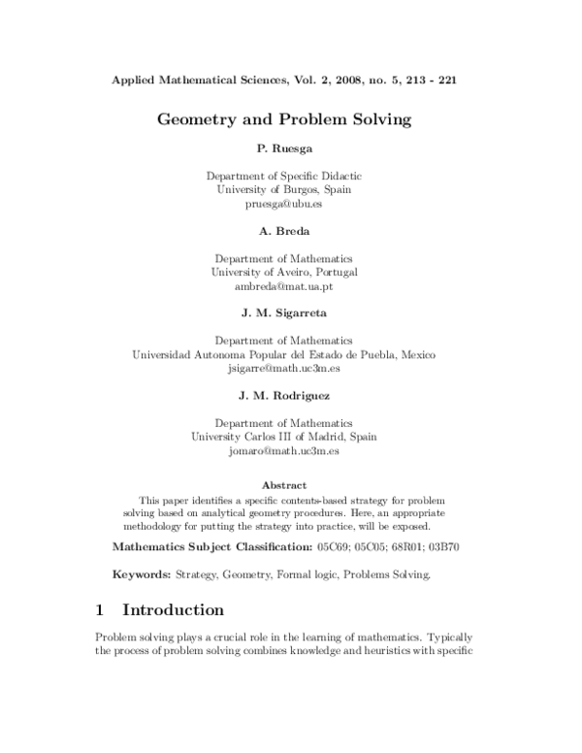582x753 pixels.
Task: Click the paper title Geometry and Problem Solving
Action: tap(284, 121)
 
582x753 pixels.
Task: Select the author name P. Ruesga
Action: tap(284, 150)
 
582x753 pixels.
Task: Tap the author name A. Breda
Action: tap(284, 232)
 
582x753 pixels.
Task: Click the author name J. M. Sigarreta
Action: tap(284, 313)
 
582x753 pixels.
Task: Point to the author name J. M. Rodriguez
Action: tap(284, 396)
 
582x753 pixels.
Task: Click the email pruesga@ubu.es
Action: tap(284, 205)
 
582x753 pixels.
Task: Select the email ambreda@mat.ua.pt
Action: tap(284, 287)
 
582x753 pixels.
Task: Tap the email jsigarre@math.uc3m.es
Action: tap(284, 369)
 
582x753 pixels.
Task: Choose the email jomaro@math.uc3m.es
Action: tap(284, 451)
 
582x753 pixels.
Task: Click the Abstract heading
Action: tap(284, 485)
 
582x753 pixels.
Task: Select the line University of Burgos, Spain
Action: tap(284, 190)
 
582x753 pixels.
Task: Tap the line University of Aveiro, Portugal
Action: tap(284, 273)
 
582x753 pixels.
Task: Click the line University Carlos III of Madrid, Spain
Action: tap(284, 437)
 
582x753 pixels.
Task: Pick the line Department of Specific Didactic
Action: tap(284, 177)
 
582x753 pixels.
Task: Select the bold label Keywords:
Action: tap(142, 574)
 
